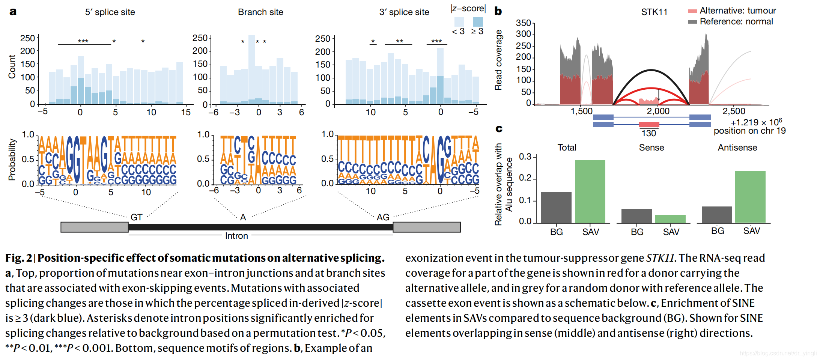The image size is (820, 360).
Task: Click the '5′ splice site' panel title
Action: click(x=110, y=12)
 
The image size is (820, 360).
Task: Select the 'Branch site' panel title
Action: click(x=260, y=12)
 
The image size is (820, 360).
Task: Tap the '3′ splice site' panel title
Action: click(x=404, y=12)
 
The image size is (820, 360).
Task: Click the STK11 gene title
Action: click(x=654, y=12)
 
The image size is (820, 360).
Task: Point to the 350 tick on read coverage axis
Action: click(x=524, y=23)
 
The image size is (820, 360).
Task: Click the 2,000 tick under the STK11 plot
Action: click(x=658, y=111)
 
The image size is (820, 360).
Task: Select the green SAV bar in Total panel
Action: click(x=590, y=191)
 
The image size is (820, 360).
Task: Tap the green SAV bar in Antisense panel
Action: click(x=750, y=197)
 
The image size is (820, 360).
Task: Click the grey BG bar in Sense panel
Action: click(x=636, y=216)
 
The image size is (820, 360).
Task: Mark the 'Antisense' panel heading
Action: click(x=737, y=148)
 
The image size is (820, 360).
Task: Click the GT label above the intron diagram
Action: click(x=136, y=217)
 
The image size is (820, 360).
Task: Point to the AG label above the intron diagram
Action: click(x=383, y=217)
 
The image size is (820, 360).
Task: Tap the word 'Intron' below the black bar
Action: click(x=236, y=236)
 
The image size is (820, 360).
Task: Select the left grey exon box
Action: click(x=95, y=227)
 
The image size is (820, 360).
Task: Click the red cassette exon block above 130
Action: click(x=649, y=125)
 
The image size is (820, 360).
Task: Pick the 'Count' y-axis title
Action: click(x=12, y=67)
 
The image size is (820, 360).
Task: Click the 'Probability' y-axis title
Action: click(x=12, y=160)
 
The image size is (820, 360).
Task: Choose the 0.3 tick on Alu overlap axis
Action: click(x=525, y=157)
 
